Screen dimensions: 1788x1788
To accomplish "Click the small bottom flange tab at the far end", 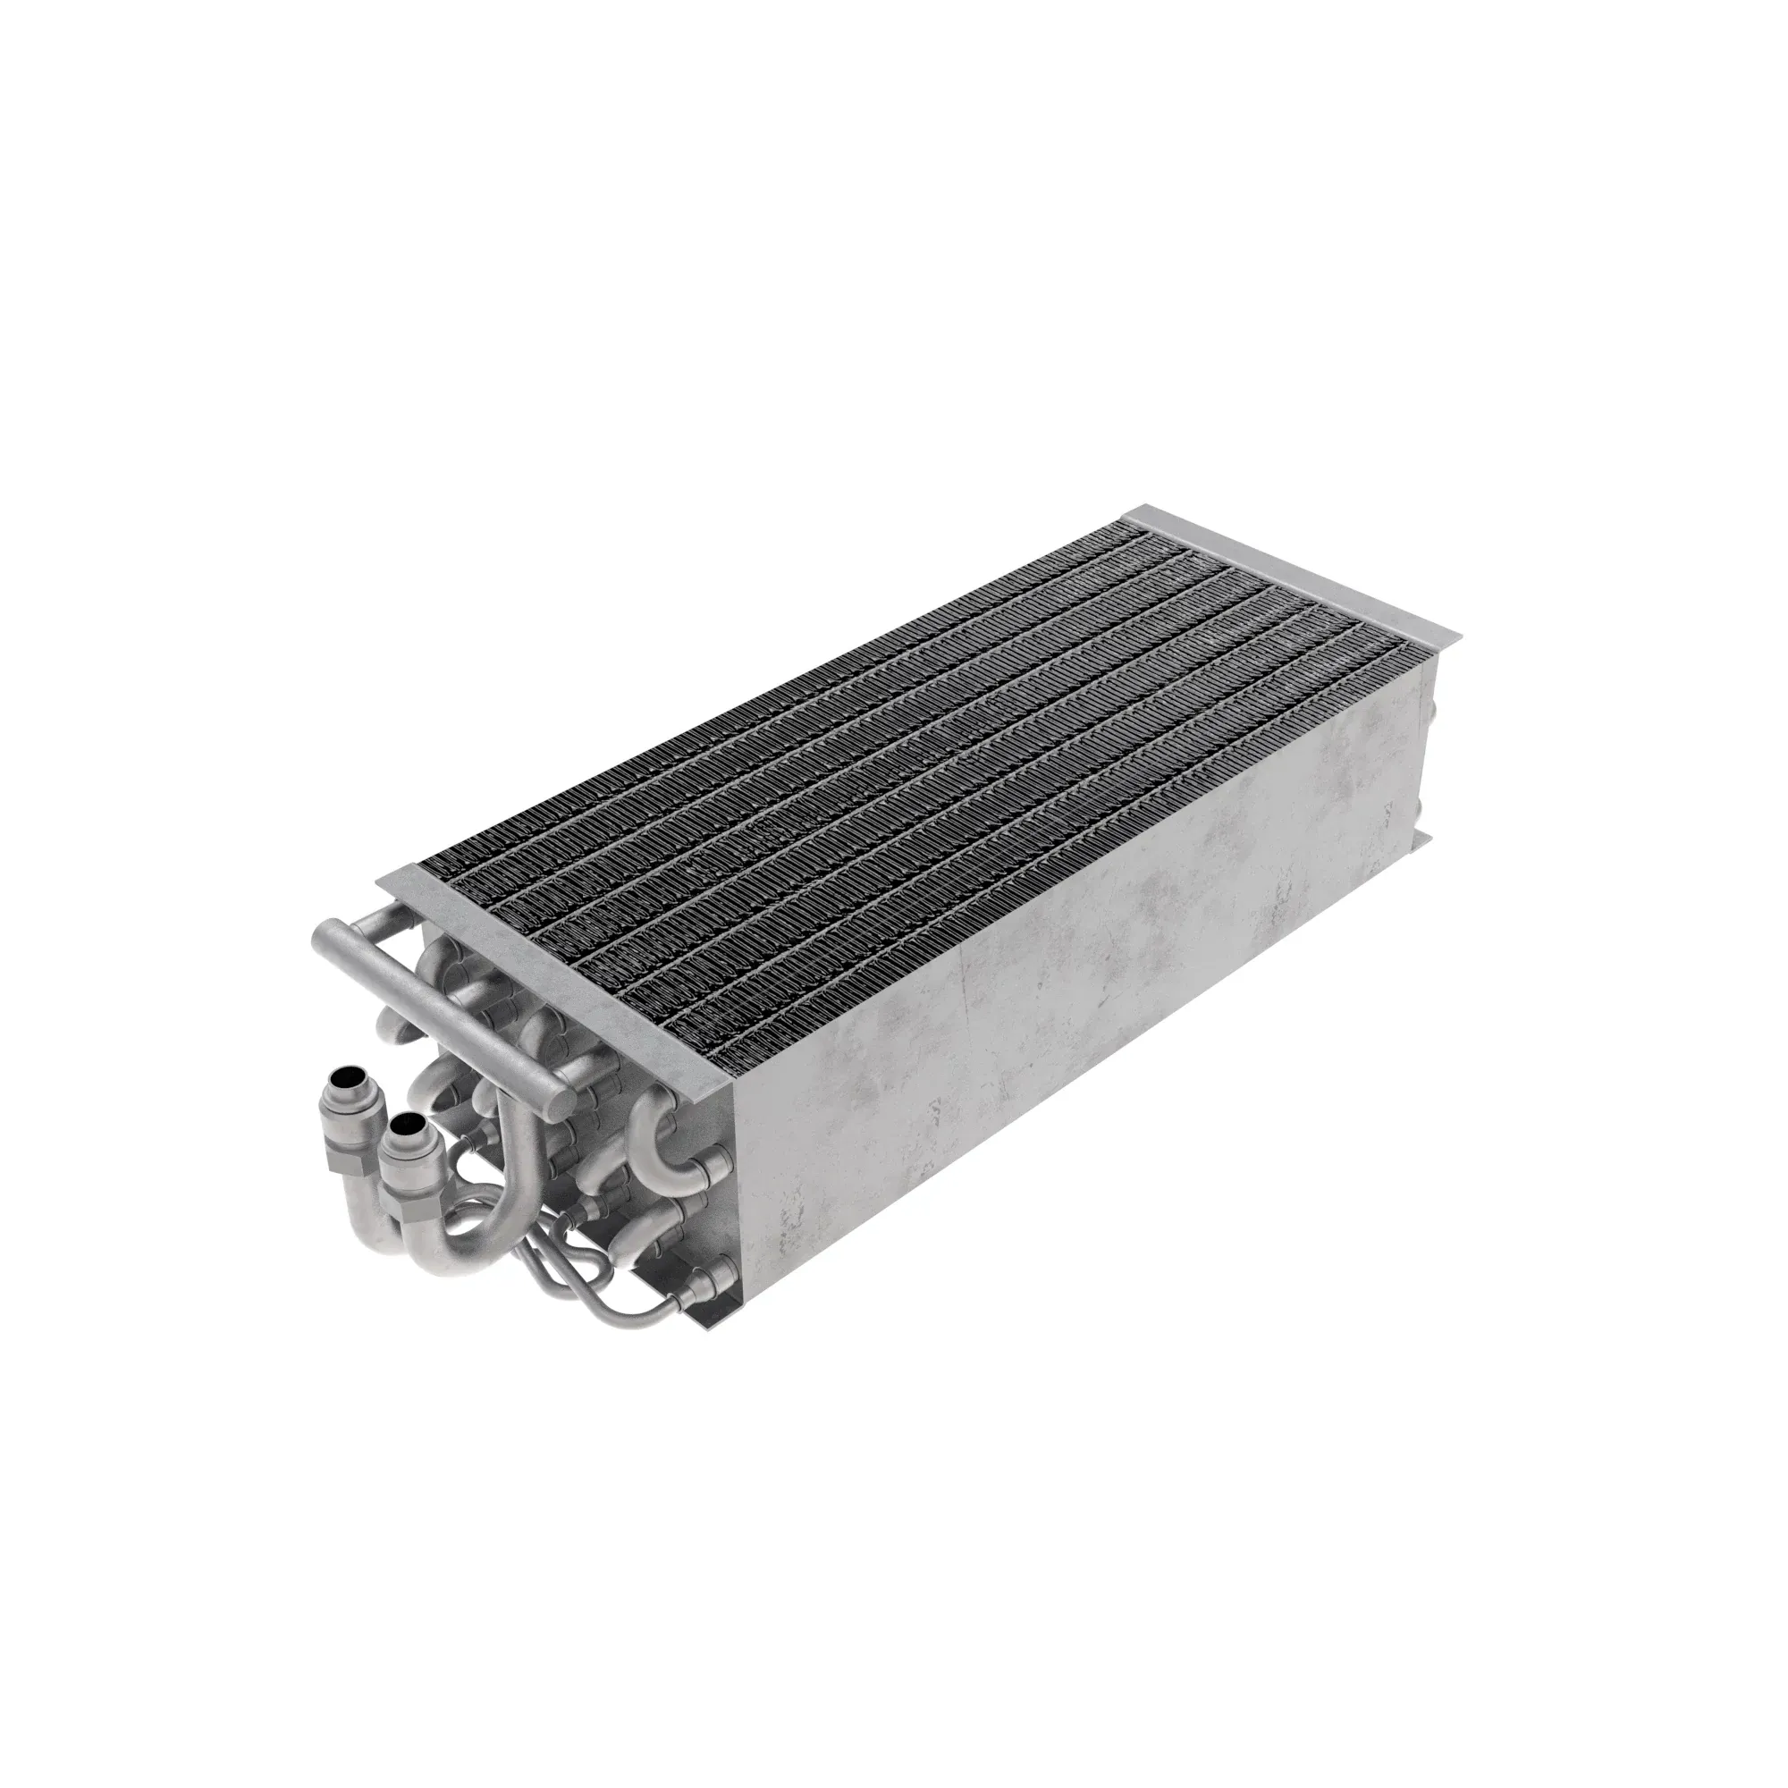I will pyautogui.click(x=1423, y=840).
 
